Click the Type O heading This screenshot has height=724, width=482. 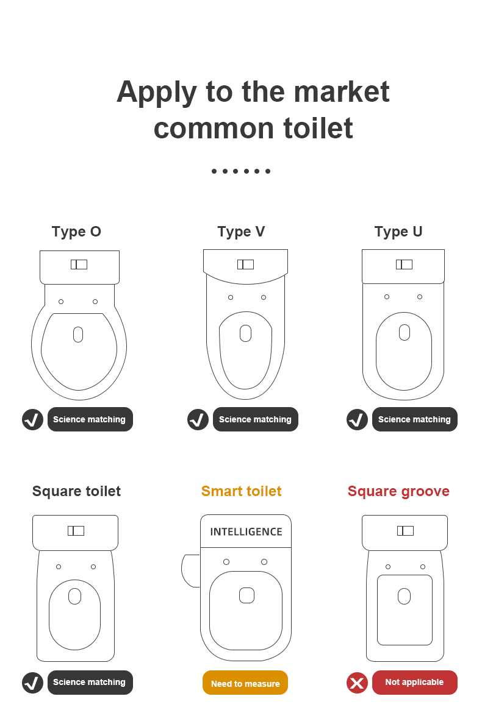pos(76,232)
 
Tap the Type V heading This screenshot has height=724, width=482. pos(241,232)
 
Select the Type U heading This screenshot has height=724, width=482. pos(398,232)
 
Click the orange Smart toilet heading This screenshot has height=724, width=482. pos(241,491)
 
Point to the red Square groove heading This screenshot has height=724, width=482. pos(398,491)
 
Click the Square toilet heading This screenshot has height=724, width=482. pos(76,491)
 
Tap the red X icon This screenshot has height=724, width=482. pos(357,683)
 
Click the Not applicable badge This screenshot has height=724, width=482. pos(414,683)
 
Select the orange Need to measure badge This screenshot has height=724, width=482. pos(245,683)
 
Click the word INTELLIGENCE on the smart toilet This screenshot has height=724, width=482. pos(246,532)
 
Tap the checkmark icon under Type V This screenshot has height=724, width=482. pos(198,420)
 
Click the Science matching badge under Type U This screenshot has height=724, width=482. pos(414,419)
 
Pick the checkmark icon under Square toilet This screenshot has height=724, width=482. pos(32,683)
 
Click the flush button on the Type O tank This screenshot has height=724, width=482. pos(79,264)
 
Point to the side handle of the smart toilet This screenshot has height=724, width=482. pos(190,570)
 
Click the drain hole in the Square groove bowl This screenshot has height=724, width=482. pos(405,597)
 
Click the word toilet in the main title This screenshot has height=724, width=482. pos(318,128)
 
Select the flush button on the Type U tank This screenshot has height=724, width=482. pos(405,264)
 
